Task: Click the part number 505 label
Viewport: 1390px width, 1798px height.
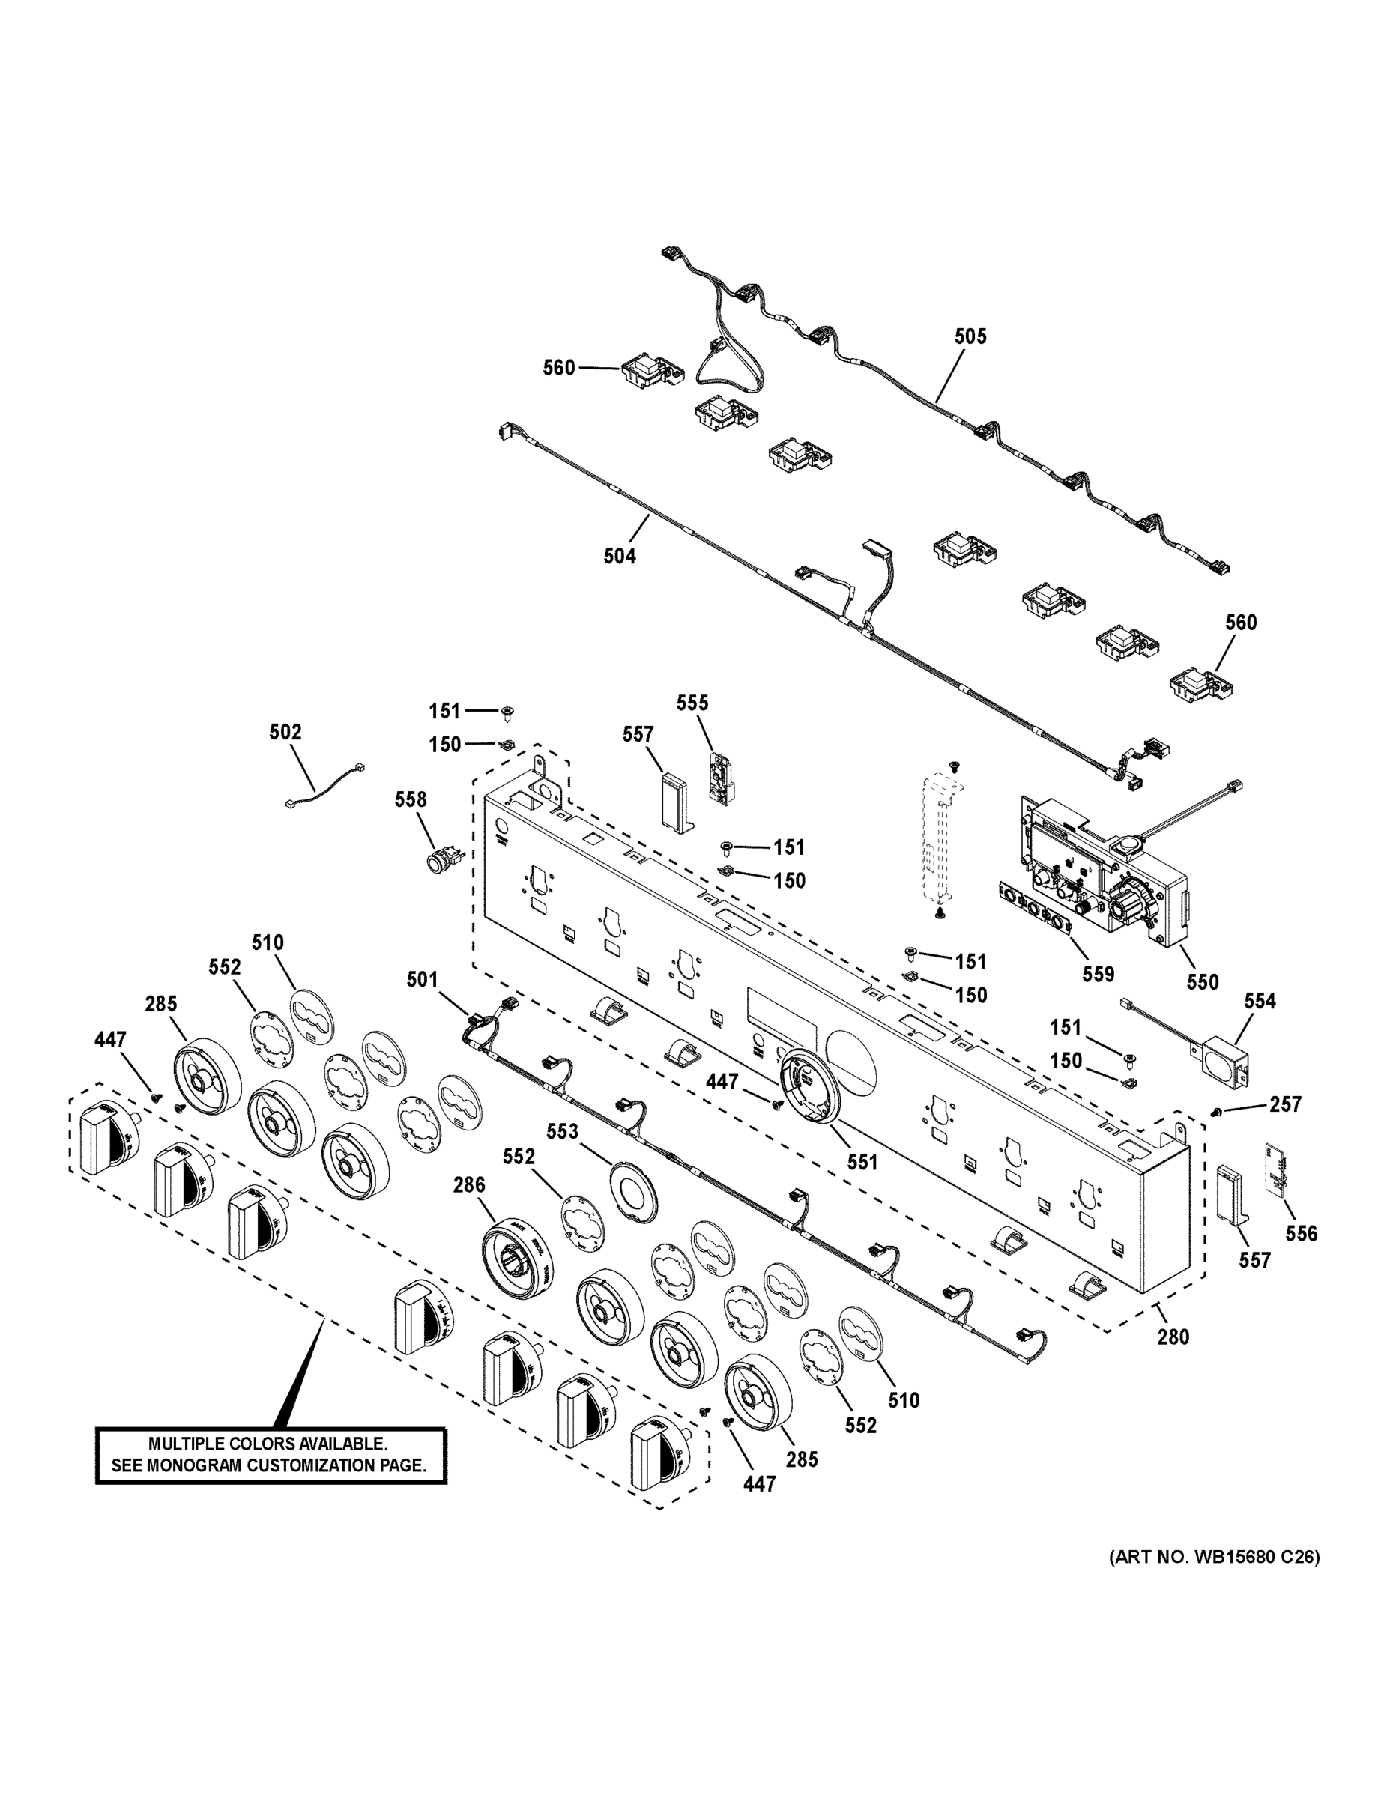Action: click(x=970, y=336)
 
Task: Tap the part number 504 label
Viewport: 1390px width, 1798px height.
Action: click(x=619, y=557)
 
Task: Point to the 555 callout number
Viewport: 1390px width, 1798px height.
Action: click(x=692, y=703)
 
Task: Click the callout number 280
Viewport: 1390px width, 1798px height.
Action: click(x=1173, y=1337)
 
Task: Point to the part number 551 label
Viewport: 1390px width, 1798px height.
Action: click(x=862, y=1163)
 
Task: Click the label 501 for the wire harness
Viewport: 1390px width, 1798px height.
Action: click(x=423, y=980)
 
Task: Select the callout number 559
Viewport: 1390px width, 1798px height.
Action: click(x=1098, y=975)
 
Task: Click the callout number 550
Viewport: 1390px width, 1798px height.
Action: click(x=1202, y=981)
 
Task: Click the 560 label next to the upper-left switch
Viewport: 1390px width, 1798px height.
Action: click(x=558, y=368)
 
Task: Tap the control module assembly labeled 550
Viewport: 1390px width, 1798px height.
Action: click(x=1104, y=873)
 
